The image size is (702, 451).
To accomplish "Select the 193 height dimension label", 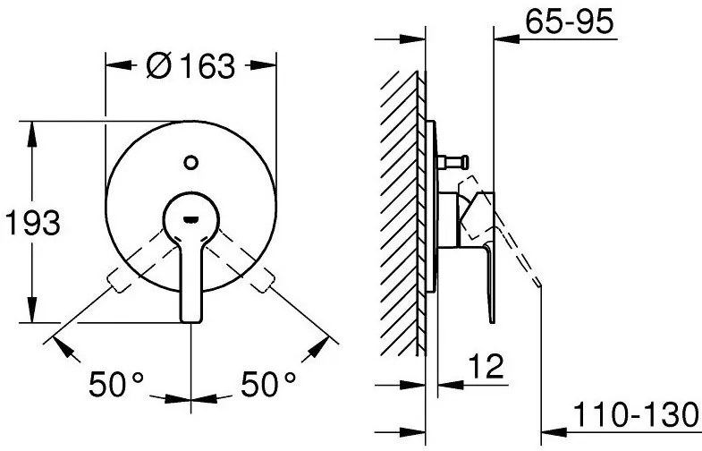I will (x=32, y=223).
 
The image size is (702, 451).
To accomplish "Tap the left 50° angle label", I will (x=116, y=387).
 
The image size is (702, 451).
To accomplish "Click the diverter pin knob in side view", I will (x=453, y=161).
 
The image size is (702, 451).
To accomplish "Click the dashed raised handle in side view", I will (x=519, y=251).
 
